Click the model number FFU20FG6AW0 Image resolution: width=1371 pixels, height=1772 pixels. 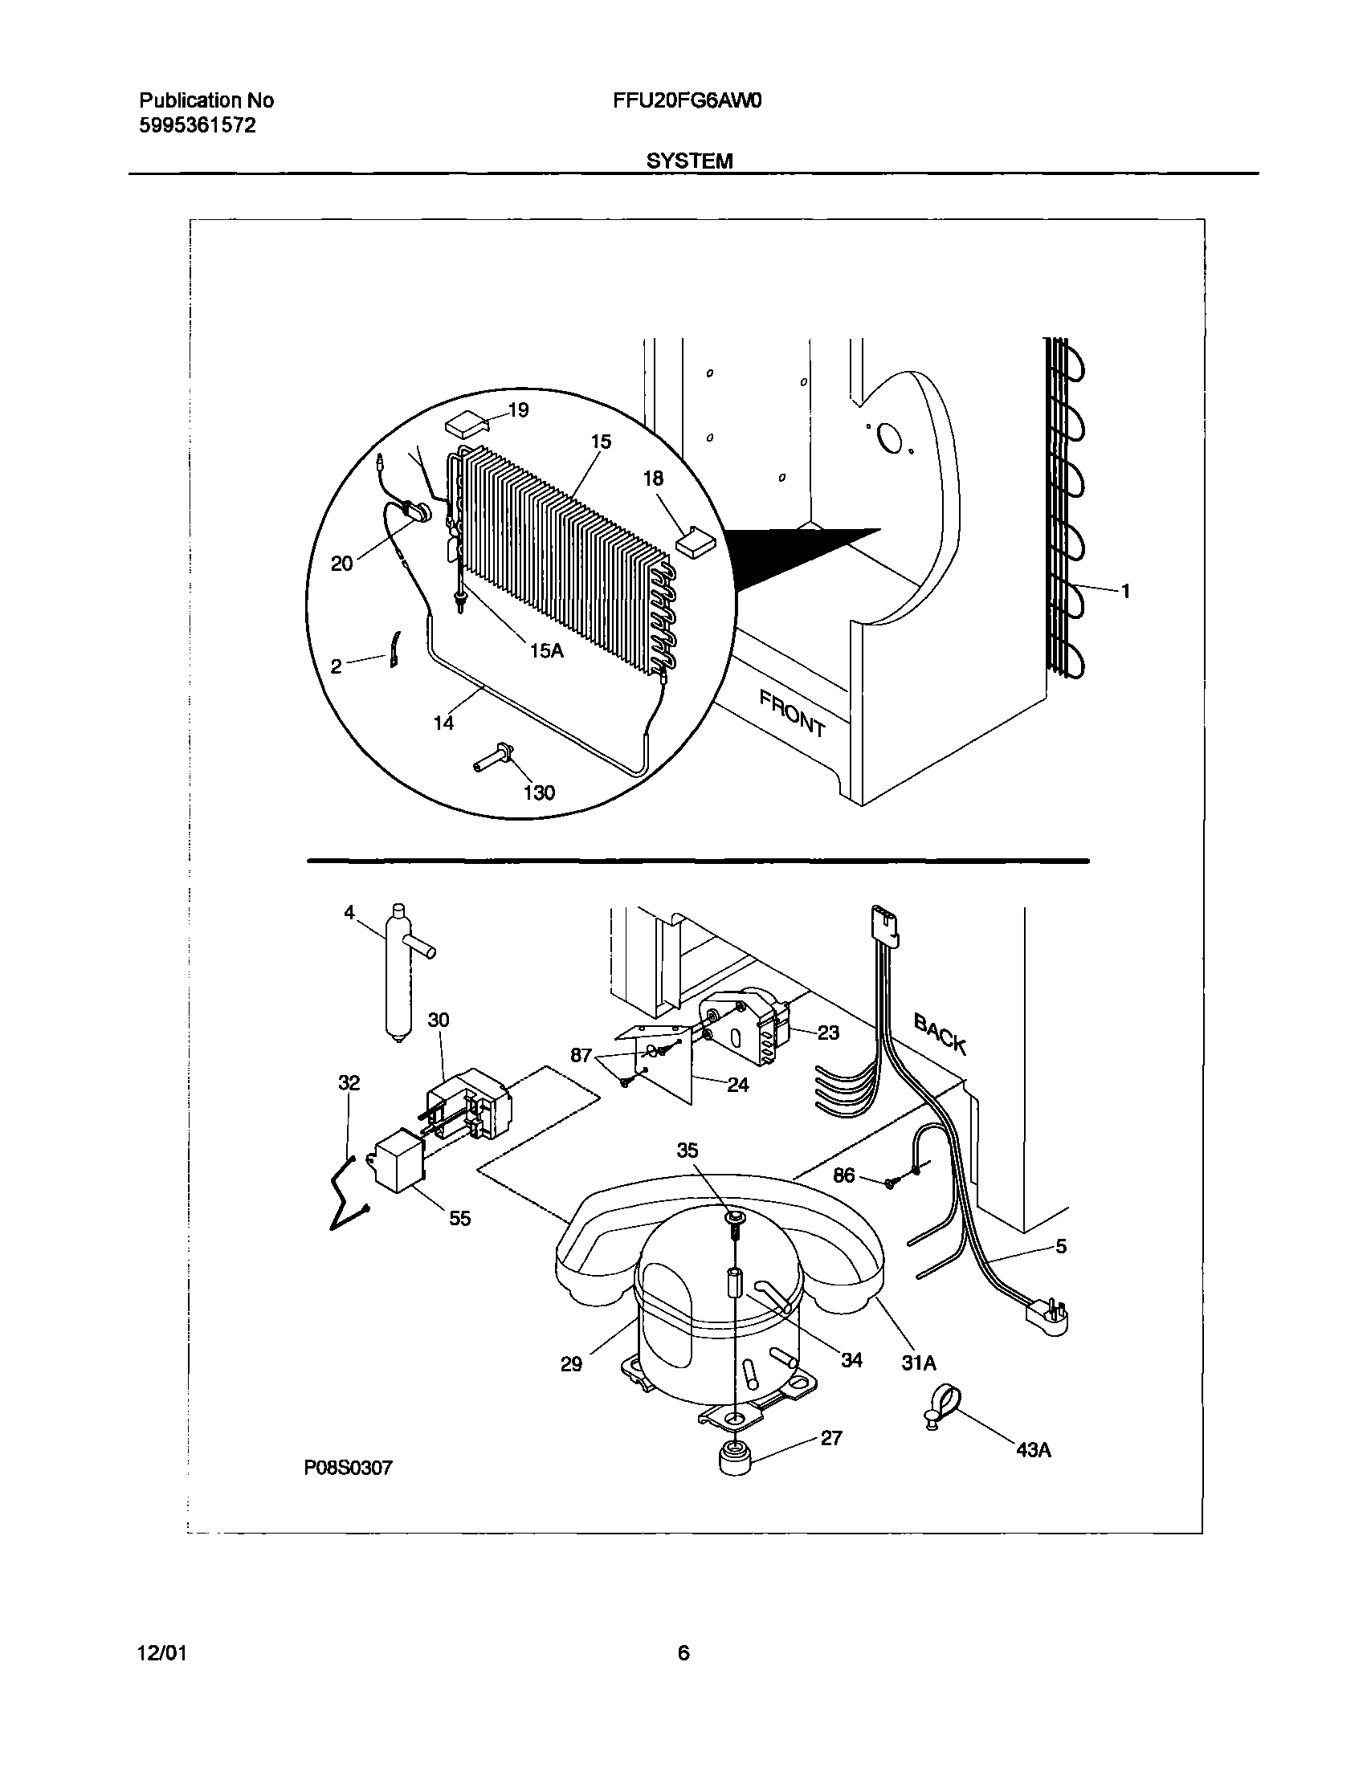point(685,101)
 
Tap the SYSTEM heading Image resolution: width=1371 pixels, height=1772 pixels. point(689,161)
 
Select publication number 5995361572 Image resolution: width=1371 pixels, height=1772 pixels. point(198,125)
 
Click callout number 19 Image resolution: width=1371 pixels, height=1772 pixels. point(517,410)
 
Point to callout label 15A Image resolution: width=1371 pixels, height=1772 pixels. point(545,650)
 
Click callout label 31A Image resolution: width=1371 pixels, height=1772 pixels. point(918,1364)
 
